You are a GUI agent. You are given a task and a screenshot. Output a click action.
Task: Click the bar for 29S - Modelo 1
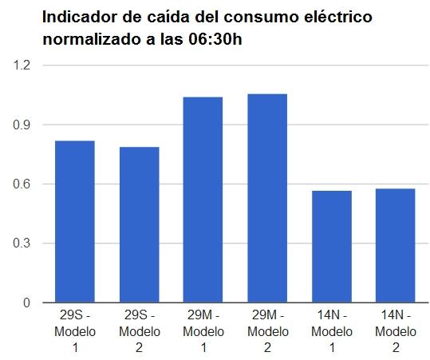(x=75, y=222)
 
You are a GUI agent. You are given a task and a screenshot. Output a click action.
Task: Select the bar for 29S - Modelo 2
(x=139, y=225)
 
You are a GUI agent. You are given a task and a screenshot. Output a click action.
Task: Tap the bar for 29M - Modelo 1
(x=203, y=200)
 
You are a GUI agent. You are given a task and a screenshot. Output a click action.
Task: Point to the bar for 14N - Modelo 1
(x=332, y=247)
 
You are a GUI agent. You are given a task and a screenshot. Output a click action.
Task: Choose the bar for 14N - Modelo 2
(x=396, y=246)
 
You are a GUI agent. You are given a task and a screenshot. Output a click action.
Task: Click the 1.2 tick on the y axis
(x=21, y=65)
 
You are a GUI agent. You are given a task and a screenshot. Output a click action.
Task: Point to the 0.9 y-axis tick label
(x=21, y=125)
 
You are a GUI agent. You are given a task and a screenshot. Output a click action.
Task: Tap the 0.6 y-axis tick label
(x=21, y=184)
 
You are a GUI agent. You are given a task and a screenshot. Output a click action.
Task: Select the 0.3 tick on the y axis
(x=21, y=243)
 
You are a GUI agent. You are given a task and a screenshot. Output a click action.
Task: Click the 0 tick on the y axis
(x=26, y=303)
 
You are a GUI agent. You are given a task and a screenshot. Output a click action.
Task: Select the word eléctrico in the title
(x=337, y=17)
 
